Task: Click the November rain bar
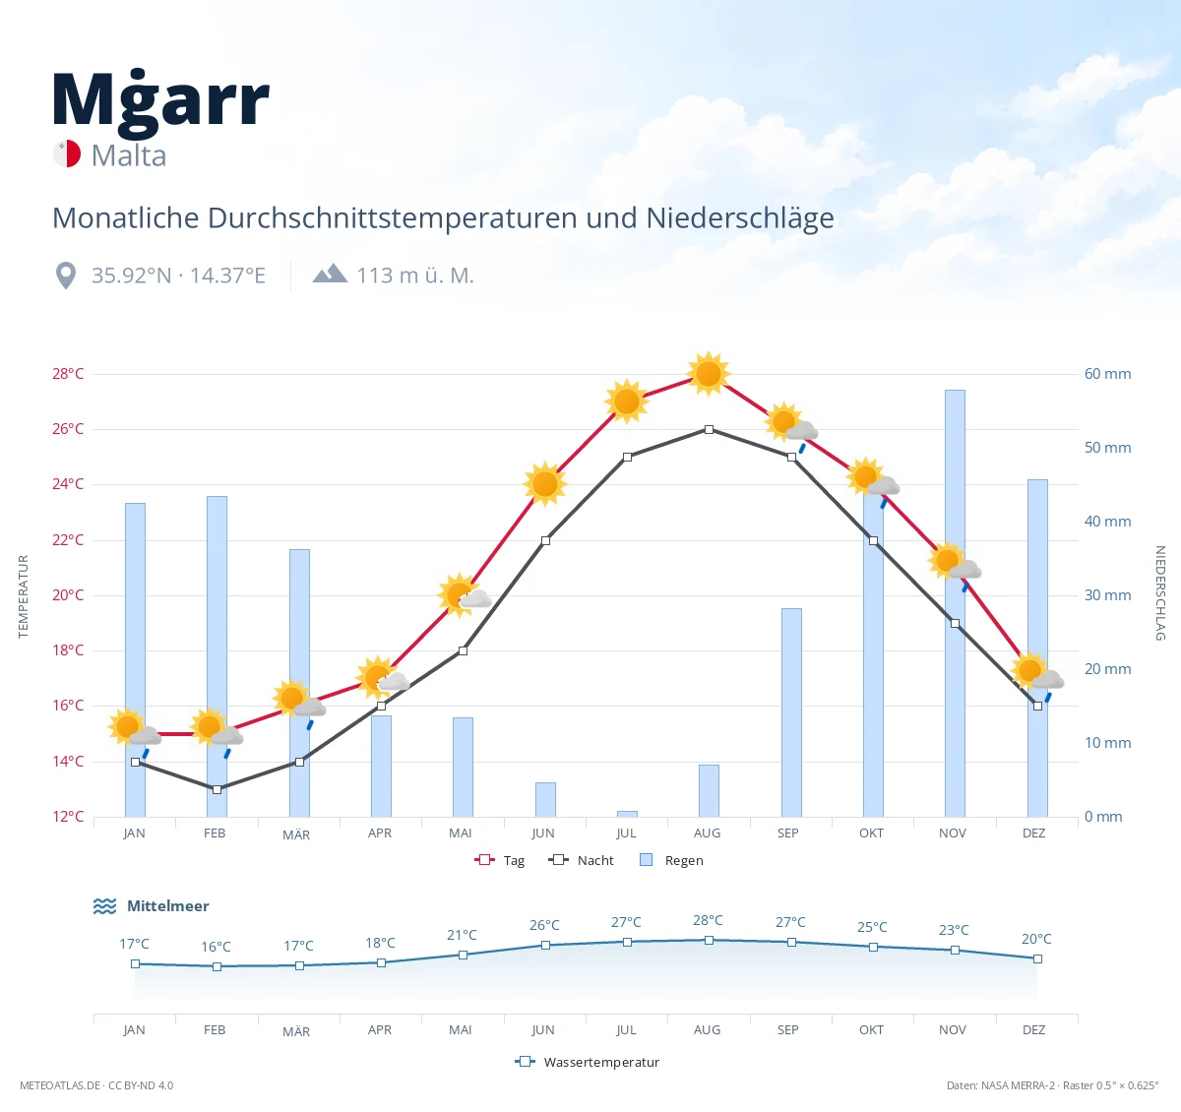955,603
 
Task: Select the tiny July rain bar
627,814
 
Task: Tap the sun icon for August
709,374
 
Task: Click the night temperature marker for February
218,789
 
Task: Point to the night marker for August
709,429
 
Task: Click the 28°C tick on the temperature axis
68,373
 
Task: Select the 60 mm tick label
1107,373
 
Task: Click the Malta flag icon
67,154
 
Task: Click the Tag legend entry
500,860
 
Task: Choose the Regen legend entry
671,860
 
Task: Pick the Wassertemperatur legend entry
587,1062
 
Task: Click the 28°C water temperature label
708,920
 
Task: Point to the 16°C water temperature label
216,946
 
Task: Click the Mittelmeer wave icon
104,905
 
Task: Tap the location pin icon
65,276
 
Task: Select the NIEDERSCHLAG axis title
1159,592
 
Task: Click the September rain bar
791,712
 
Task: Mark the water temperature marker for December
1037,958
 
